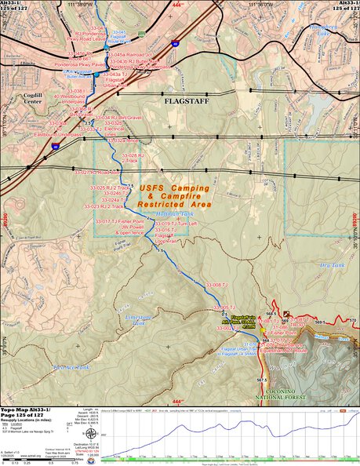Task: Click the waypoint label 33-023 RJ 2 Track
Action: (105, 206)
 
